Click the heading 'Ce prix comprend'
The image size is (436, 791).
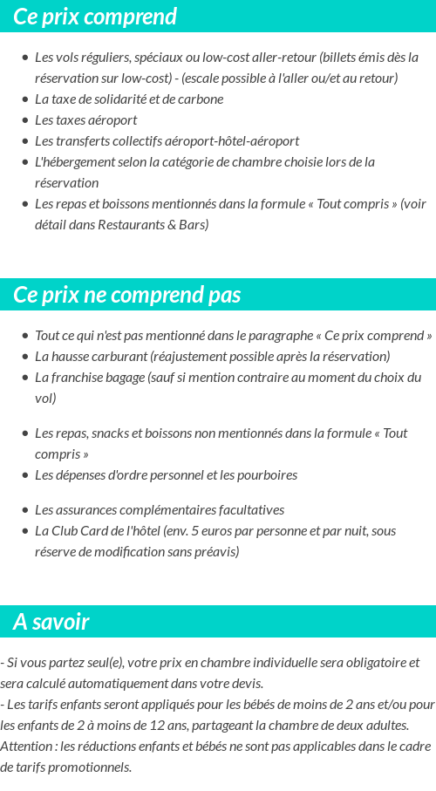pos(95,17)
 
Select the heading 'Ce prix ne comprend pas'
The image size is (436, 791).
pos(127,295)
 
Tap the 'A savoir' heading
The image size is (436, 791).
pos(51,622)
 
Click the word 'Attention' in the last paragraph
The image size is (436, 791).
pos(26,746)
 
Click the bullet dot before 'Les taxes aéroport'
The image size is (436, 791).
pos(24,120)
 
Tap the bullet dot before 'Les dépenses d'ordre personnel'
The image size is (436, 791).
pos(24,475)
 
